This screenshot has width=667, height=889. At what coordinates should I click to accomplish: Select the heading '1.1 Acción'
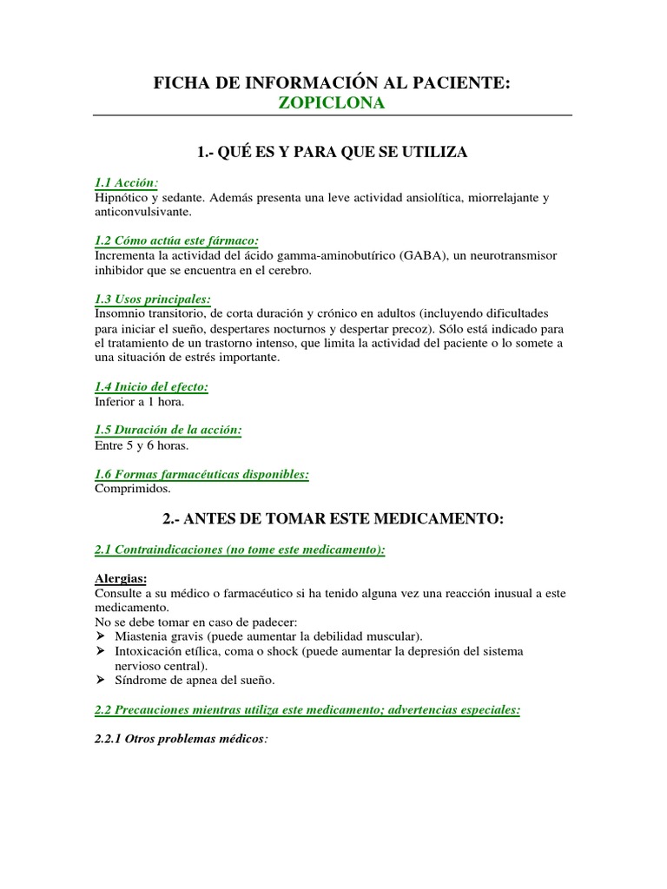(x=126, y=183)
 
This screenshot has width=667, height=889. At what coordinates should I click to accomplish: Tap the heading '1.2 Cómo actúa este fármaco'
(x=177, y=240)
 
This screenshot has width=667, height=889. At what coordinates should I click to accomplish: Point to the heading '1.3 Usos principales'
(x=153, y=298)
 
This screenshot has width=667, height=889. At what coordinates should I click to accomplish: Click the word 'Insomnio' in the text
(x=122, y=312)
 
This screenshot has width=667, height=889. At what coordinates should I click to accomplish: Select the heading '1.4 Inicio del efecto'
(x=151, y=386)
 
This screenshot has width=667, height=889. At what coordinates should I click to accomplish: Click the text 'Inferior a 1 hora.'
(x=139, y=401)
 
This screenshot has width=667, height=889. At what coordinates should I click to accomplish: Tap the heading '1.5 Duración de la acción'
(x=168, y=430)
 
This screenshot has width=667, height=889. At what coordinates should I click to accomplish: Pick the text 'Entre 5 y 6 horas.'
(x=141, y=444)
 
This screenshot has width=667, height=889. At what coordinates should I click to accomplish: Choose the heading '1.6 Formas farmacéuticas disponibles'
(x=201, y=474)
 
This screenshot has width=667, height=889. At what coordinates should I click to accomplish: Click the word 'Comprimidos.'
(x=133, y=489)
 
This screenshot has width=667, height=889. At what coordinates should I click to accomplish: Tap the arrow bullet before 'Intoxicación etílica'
(x=100, y=651)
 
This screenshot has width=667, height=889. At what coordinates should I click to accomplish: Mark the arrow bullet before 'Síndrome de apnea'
(x=100, y=681)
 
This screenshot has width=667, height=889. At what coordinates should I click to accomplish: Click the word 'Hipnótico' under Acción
(x=122, y=198)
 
